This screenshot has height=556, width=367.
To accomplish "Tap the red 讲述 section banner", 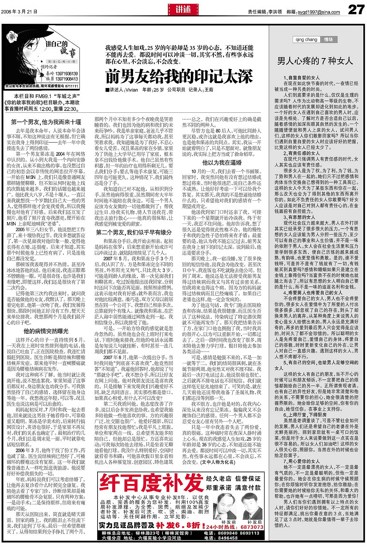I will [x=183, y=9].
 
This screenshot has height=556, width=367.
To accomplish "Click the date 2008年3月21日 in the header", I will [x=19, y=12].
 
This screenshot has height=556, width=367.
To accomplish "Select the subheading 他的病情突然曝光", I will [x=46, y=331].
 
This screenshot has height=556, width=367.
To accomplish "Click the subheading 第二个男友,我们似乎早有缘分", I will [x=134, y=232].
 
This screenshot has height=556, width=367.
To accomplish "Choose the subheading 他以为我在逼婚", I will [x=222, y=162].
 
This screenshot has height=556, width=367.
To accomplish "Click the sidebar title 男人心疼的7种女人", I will [x=315, y=61].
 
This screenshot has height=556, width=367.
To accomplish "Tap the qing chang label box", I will [x=306, y=40].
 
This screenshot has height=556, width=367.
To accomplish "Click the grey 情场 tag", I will [x=329, y=40].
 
